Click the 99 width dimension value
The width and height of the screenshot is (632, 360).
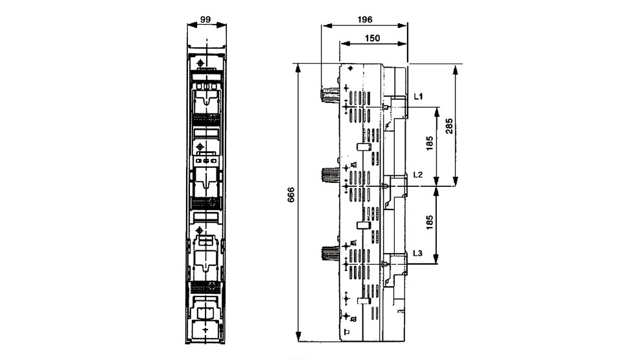(205, 19)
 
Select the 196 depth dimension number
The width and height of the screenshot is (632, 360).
(365, 19)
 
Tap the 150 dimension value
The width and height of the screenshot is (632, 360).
(373, 38)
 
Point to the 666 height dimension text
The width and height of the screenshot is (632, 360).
(291, 195)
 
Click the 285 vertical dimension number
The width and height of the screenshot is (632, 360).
(449, 126)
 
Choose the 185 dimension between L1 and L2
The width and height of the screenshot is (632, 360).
(429, 143)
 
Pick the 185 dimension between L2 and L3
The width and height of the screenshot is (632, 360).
(429, 222)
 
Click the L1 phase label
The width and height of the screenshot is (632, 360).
(418, 97)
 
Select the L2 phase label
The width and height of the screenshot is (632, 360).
(418, 174)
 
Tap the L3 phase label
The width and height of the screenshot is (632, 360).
(418, 253)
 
